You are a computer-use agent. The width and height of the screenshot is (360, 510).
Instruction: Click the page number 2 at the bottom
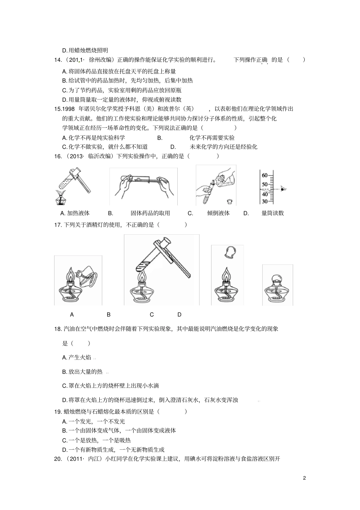[304, 478]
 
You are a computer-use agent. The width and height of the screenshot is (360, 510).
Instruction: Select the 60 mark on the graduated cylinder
[265, 175]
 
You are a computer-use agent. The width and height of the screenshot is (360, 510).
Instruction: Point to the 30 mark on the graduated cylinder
[265, 201]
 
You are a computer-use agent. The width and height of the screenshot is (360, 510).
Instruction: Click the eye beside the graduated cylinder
[284, 188]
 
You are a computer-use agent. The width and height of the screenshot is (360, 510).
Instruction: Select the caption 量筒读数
[272, 213]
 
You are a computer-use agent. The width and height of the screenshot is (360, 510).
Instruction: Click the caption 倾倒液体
[218, 213]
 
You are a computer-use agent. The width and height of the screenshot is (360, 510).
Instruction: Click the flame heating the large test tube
[142, 278]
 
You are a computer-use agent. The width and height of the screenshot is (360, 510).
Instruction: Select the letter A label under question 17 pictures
[72, 314]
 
